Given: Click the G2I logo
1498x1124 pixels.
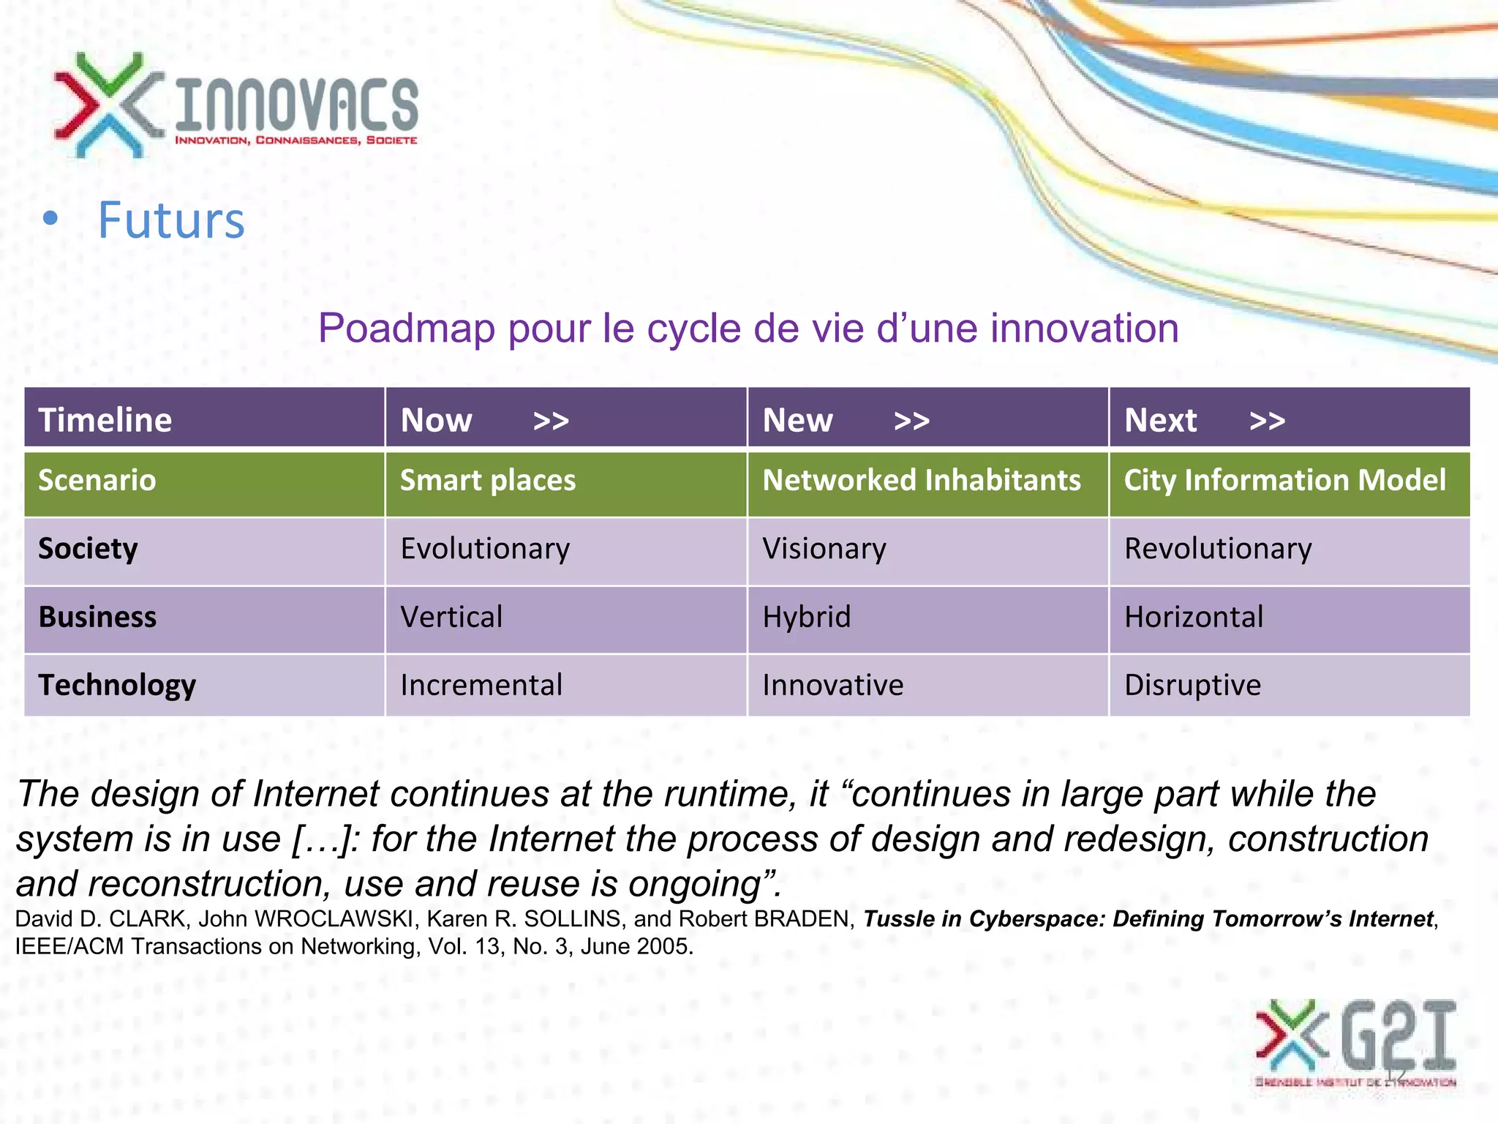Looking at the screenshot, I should [x=1358, y=1042].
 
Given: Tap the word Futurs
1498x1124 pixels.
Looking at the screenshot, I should [x=171, y=220].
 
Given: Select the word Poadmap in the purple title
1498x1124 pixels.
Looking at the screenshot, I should [x=407, y=328].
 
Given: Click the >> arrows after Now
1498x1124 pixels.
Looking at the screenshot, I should [x=551, y=421].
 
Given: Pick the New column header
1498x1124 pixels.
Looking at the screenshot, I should [x=797, y=420].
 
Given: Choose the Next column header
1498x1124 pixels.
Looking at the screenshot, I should [x=1160, y=420].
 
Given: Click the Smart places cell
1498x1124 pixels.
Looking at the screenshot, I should [x=488, y=480].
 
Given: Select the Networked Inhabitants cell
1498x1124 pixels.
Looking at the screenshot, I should [x=921, y=480].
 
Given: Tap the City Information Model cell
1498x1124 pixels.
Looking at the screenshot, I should [x=1284, y=480].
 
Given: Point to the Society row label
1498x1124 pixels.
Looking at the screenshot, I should [x=88, y=549].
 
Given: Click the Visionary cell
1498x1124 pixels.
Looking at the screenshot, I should [x=824, y=549].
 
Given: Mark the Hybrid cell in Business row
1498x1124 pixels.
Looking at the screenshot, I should [x=807, y=617].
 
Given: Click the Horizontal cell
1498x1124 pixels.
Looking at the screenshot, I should [x=1194, y=617].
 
